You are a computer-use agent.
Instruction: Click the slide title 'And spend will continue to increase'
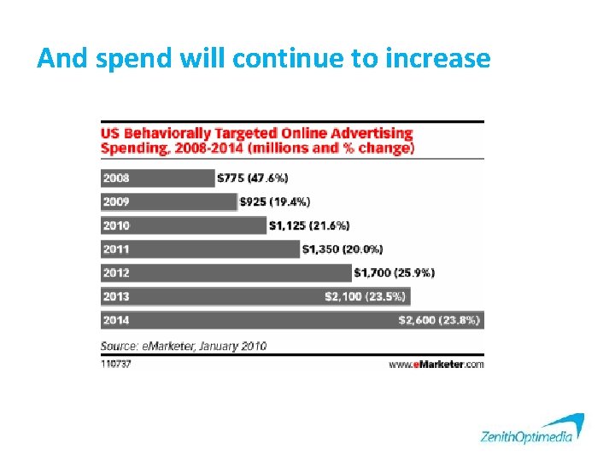tap(264, 58)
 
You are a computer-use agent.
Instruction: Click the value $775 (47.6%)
tap(253, 178)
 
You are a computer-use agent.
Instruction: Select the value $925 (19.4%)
tap(275, 202)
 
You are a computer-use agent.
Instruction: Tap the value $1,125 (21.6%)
tap(309, 225)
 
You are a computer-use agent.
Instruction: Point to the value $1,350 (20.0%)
tap(343, 249)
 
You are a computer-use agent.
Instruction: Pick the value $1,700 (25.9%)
tap(395, 273)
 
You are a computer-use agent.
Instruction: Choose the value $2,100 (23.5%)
tap(365, 296)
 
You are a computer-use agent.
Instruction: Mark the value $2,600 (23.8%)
tap(439, 320)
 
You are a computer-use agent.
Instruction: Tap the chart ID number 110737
tap(116, 363)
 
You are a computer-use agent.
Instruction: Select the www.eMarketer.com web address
tap(436, 364)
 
